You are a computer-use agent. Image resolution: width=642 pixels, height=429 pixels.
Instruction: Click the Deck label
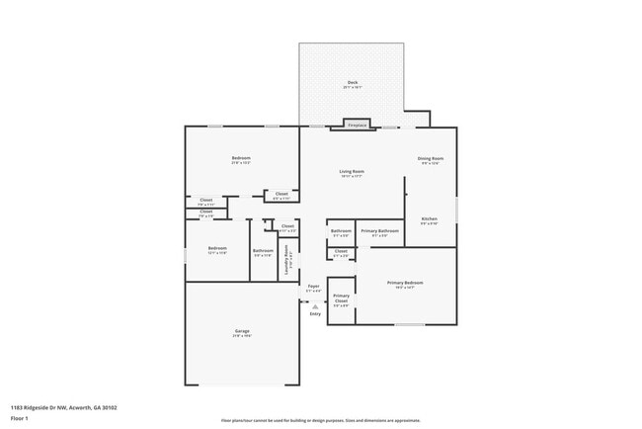tap(352, 82)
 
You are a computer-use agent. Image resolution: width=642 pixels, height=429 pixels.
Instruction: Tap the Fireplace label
tap(357, 125)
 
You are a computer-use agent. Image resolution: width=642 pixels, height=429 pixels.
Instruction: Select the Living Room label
tap(353, 171)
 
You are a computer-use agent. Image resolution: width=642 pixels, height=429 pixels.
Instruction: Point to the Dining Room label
tap(431, 158)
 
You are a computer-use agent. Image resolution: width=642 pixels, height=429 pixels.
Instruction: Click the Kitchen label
tap(430, 218)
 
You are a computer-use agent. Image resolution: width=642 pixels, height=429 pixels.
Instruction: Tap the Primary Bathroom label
tap(379, 231)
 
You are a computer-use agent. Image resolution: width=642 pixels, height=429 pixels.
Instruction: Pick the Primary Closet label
tap(341, 298)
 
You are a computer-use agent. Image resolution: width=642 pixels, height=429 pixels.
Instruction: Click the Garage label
tap(242, 330)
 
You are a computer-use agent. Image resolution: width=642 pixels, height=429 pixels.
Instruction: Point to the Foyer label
tap(313, 286)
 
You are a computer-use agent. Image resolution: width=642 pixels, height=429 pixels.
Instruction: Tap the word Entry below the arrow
tap(315, 314)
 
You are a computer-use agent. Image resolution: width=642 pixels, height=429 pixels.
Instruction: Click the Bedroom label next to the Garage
tap(217, 247)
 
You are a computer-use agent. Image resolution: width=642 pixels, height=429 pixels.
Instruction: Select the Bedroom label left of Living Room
tap(241, 158)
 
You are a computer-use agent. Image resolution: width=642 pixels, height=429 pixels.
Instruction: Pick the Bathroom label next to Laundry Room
tap(263, 250)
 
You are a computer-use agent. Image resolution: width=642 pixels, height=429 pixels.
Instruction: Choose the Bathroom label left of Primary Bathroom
tap(341, 231)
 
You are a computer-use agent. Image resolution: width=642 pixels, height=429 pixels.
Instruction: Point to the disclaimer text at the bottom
tap(320, 420)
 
